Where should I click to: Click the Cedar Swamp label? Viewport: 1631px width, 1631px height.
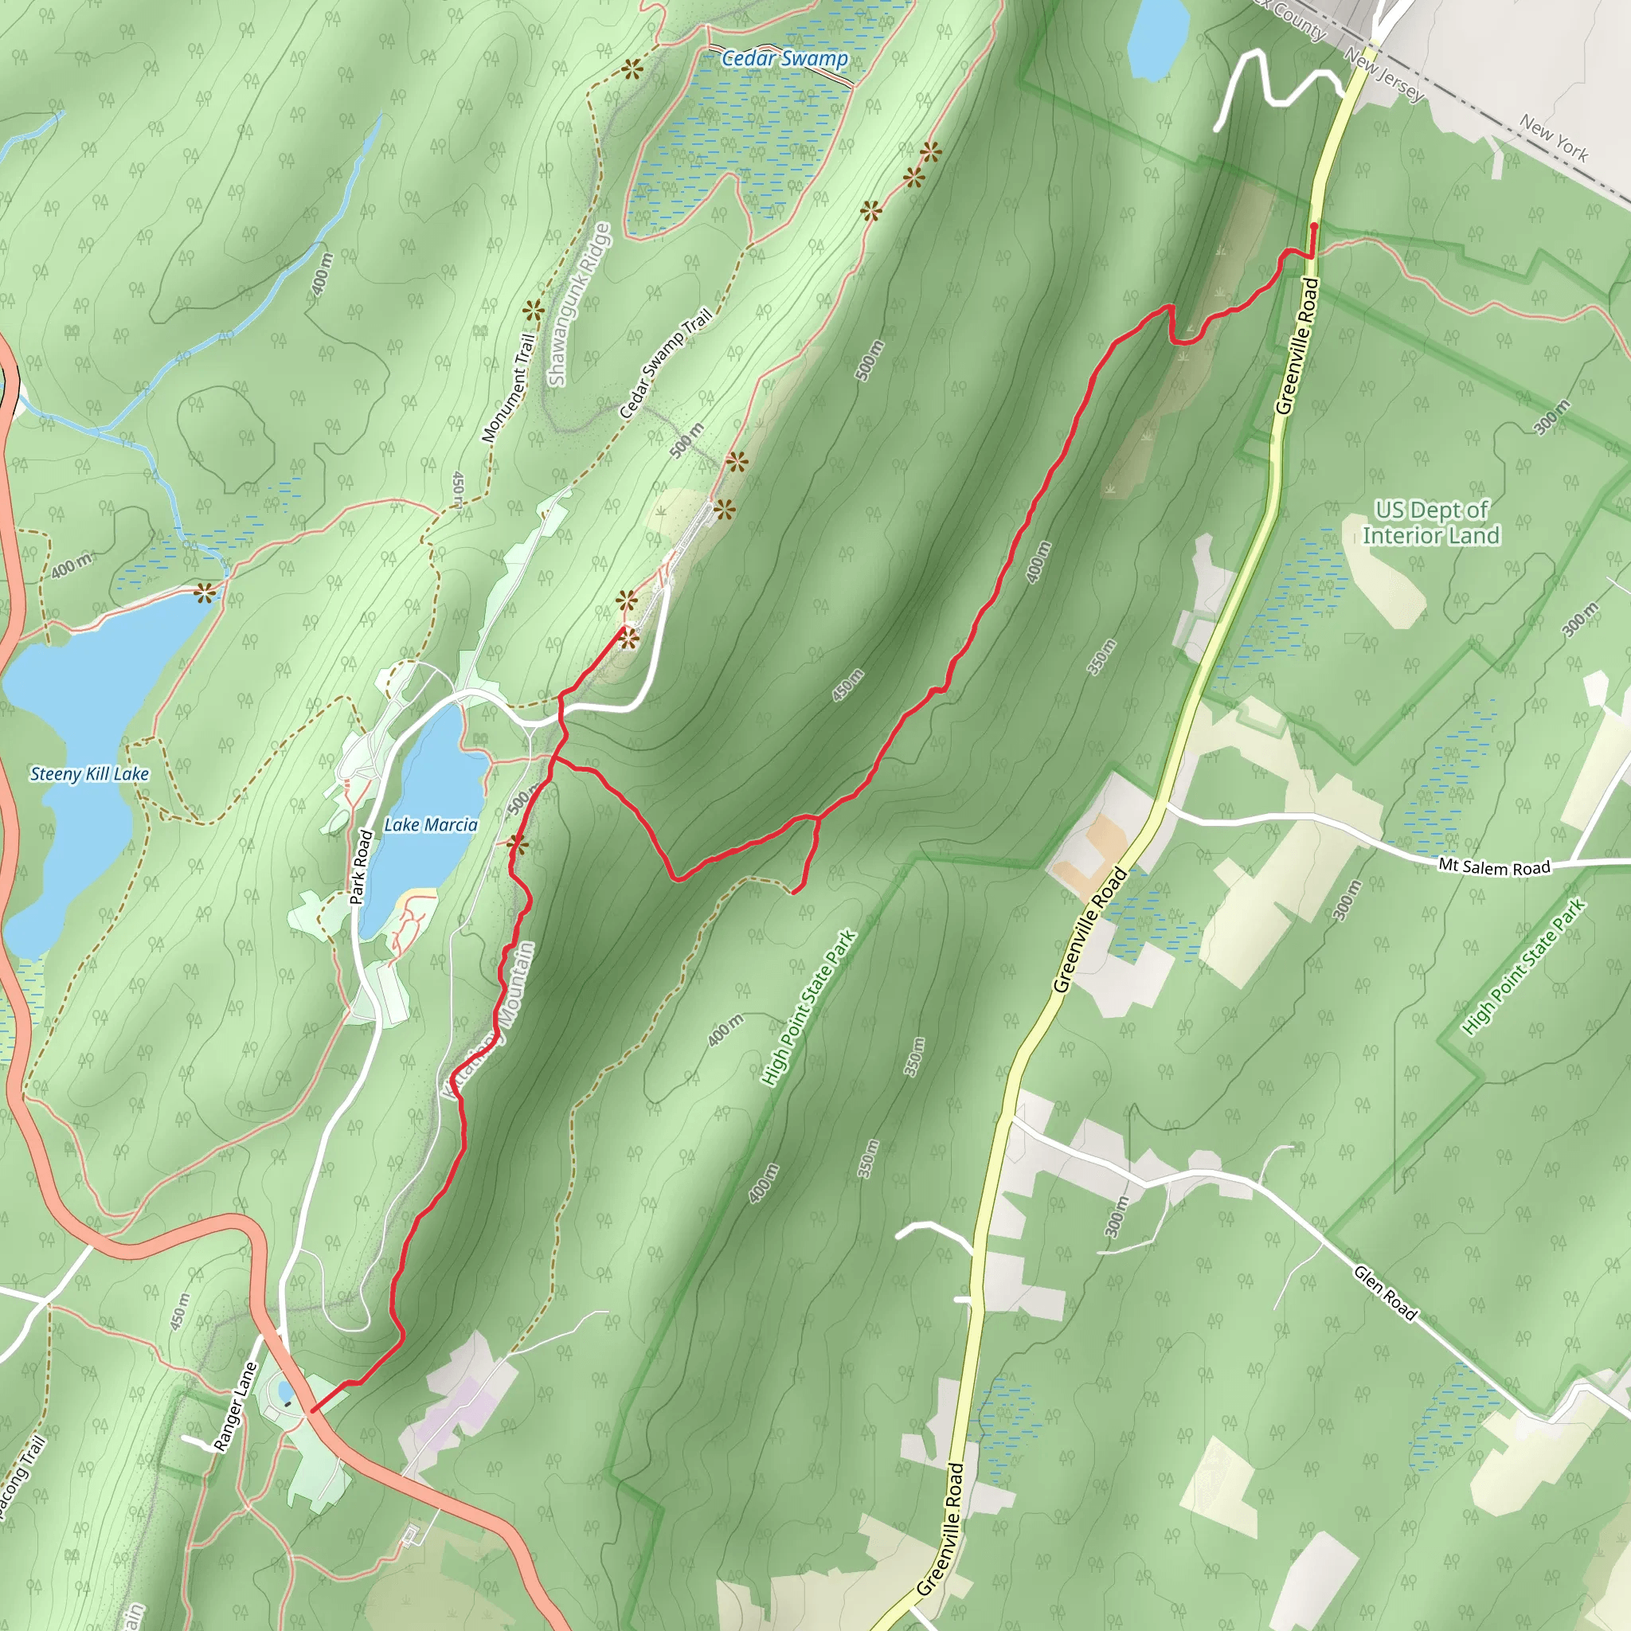(x=784, y=58)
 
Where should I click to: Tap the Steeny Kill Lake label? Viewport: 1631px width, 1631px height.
(x=89, y=773)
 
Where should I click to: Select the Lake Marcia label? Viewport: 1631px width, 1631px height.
(x=431, y=825)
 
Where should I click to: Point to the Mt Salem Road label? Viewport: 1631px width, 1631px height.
(x=1494, y=866)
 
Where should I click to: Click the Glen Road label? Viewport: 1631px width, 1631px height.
(x=1384, y=1292)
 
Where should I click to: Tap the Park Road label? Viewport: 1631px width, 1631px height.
(x=361, y=866)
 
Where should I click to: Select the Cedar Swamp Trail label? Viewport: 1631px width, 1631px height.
(x=665, y=364)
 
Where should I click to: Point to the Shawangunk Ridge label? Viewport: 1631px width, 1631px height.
(x=578, y=304)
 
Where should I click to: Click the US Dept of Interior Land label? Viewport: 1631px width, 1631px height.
(x=1431, y=522)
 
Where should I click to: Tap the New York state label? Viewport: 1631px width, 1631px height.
(x=1553, y=139)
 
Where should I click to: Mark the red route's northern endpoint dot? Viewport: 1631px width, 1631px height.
(x=1313, y=226)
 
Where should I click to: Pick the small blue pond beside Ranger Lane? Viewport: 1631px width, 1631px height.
(x=286, y=1390)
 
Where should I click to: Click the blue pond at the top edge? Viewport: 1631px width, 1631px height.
(x=1158, y=38)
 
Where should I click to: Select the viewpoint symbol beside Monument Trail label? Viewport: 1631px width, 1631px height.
(x=532, y=310)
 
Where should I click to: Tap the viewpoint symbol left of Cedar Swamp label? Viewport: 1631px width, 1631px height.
(x=631, y=70)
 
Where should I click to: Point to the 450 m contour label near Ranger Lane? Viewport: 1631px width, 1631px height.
(x=180, y=1310)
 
